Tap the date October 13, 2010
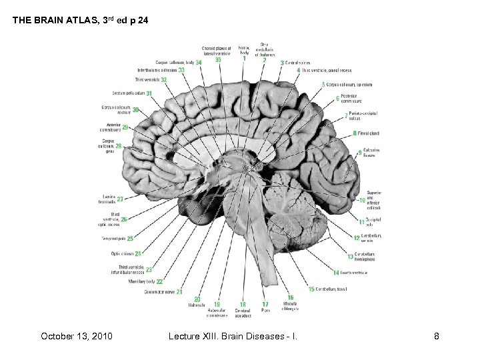pyautogui.click(x=75, y=336)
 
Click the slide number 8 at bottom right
pyautogui.click(x=436, y=336)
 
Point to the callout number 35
pyautogui.click(x=218, y=59)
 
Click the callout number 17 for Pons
pyautogui.click(x=265, y=305)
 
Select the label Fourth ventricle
pyautogui.click(x=354, y=272)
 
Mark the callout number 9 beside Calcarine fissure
pyautogui.click(x=359, y=153)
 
